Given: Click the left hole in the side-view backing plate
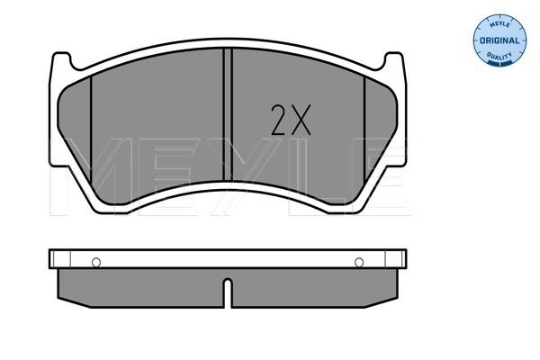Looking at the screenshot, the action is coord(96,263).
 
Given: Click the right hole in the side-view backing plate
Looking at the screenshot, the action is coord(359,263).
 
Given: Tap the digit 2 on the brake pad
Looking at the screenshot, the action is coord(279,120).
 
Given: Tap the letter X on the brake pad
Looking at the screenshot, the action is coord(301,120).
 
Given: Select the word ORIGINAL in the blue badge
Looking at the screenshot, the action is coord(499,40).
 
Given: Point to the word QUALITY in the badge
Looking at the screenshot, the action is coord(499,55).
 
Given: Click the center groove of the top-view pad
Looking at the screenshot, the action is coord(228,114).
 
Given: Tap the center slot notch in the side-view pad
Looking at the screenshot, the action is coord(228,292).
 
